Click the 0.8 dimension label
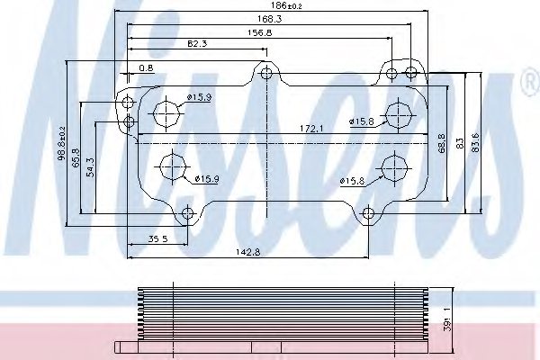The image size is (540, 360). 145,67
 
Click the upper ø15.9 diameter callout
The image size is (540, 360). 199,98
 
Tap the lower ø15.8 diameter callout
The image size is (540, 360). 352,181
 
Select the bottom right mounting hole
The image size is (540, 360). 366,213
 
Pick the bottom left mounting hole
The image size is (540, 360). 187,213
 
